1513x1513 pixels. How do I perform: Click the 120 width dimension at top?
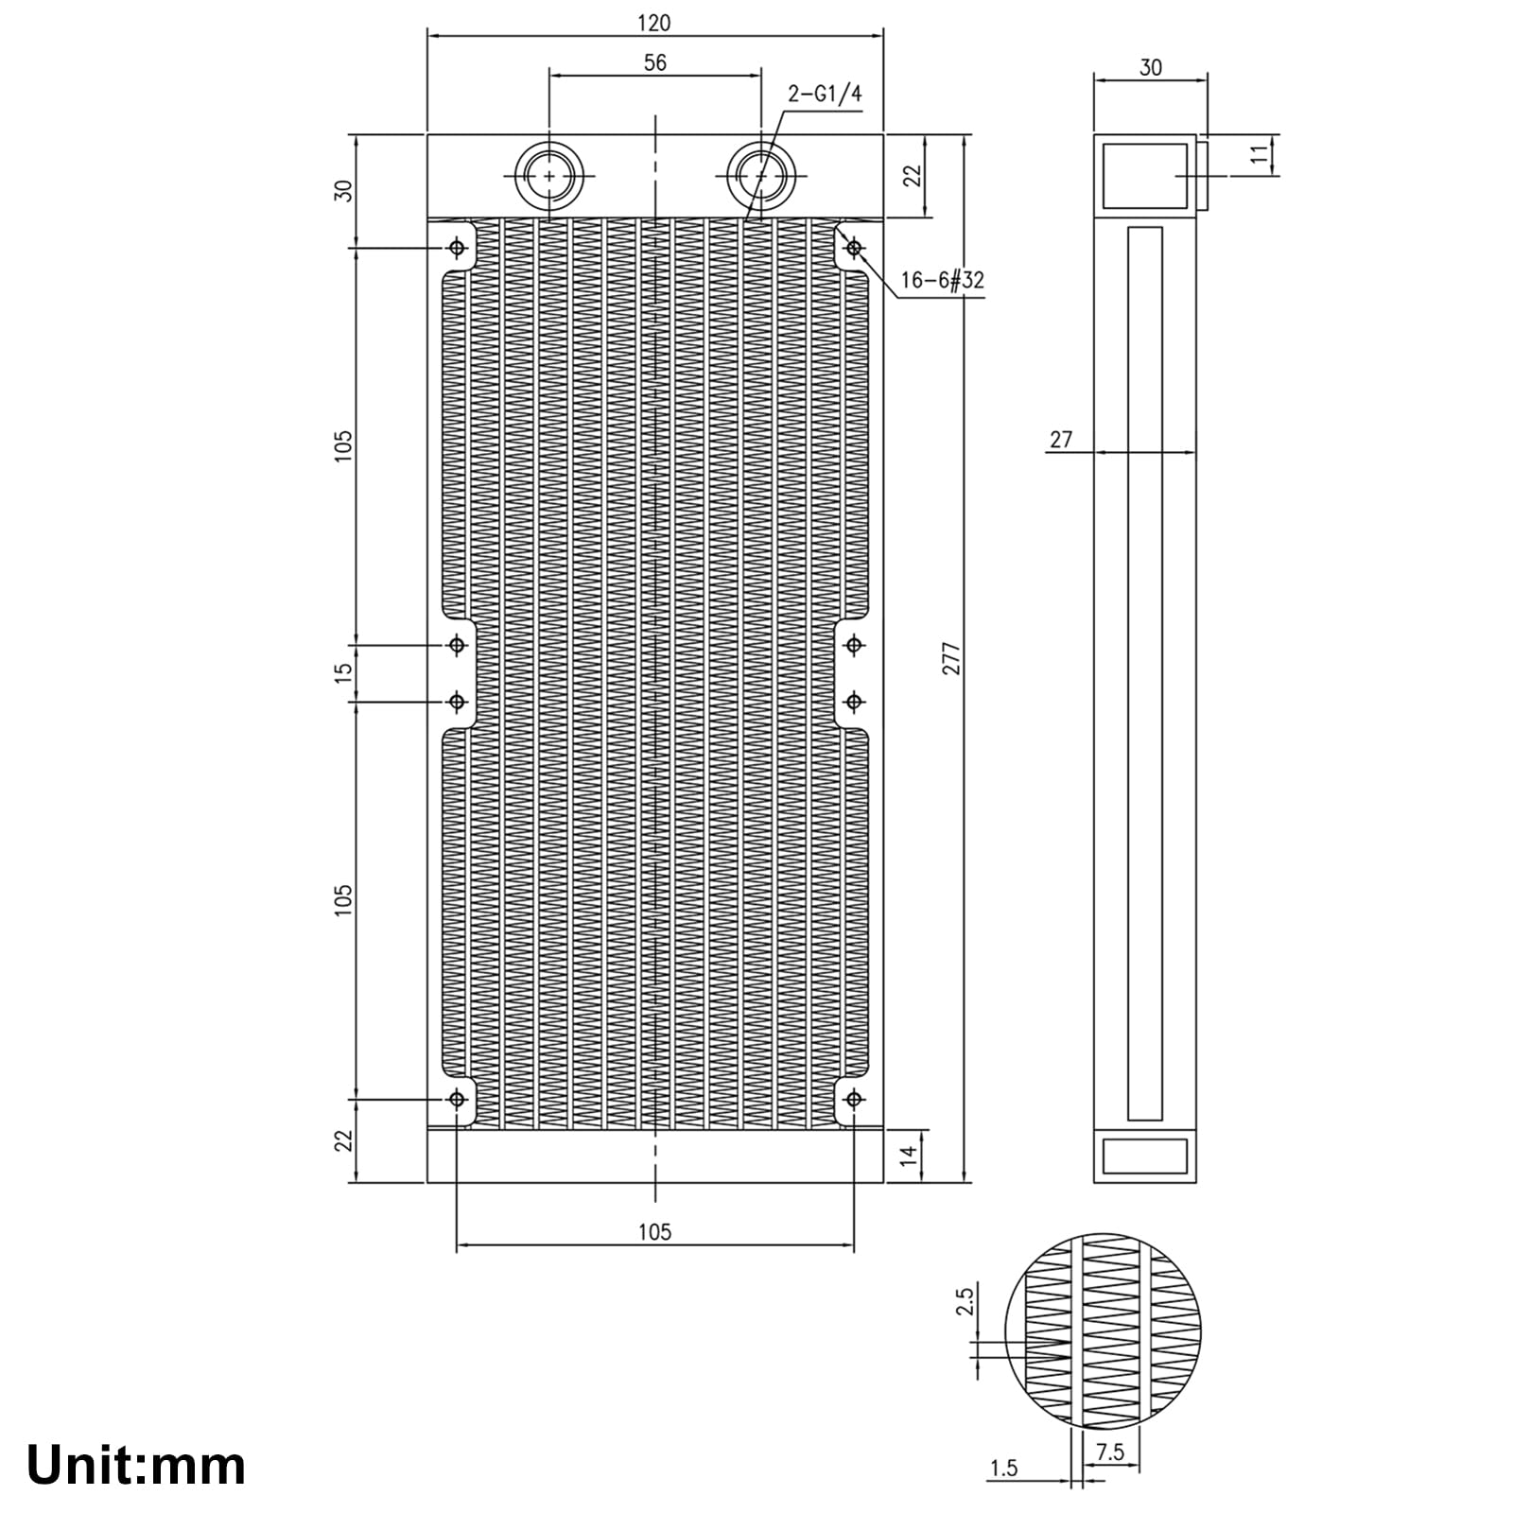tap(654, 23)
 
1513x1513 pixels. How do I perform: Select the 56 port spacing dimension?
tap(654, 63)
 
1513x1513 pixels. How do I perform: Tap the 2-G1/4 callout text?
tap(825, 94)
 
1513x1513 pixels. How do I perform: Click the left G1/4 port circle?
tap(549, 176)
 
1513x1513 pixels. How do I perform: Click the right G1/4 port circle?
tap(760, 176)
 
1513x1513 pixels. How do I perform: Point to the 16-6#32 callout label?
tap(942, 281)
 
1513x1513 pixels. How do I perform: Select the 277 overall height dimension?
tap(952, 658)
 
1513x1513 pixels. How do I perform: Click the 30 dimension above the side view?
tap(1150, 68)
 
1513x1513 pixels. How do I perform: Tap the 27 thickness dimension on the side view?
tap(1061, 440)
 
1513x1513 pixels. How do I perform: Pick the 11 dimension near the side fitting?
tap(1260, 155)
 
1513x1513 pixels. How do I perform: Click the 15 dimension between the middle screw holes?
tap(344, 672)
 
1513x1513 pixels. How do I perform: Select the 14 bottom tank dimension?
tap(909, 1155)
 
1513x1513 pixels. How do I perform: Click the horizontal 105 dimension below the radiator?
tap(654, 1232)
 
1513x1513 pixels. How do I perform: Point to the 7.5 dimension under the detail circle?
tap(1109, 1452)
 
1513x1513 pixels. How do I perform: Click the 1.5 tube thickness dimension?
tap(1003, 1469)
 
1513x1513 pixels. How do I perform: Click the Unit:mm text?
tap(136, 1465)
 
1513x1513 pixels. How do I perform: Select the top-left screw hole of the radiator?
tap(458, 248)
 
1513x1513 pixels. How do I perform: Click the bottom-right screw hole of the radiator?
tap(854, 1099)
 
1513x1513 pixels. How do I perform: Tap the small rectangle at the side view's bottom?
tap(1145, 1156)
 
